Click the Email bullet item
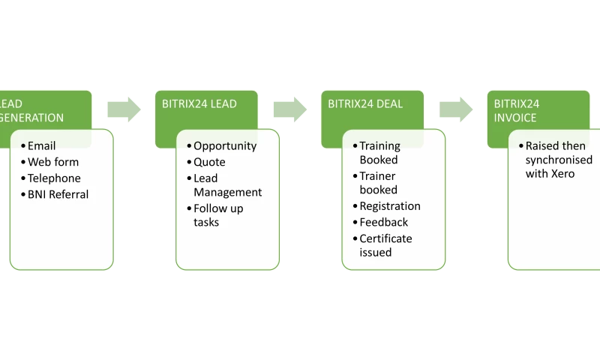click(42, 145)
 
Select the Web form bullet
click(53, 162)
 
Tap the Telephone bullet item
click(54, 178)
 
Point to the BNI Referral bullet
click(58, 194)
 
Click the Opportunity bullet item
click(224, 145)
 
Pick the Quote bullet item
click(209, 162)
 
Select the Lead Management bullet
click(227, 185)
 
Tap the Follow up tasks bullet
click(218, 215)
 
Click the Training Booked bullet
click(379, 152)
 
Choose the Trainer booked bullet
click(378, 182)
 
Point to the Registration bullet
click(389, 206)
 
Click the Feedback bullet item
click(383, 222)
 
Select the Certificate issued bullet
click(385, 245)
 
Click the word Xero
click(561, 174)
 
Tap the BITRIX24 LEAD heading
click(199, 104)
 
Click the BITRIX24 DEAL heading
click(365, 104)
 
